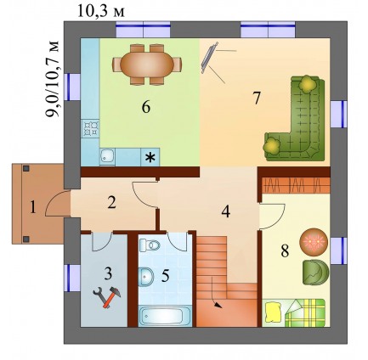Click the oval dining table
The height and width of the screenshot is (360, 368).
click(147, 65)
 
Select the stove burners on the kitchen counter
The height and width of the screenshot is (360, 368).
click(90, 128)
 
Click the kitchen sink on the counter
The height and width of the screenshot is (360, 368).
click(107, 157)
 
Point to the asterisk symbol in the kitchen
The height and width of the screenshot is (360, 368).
click(150, 157)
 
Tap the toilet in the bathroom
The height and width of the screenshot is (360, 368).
click(150, 245)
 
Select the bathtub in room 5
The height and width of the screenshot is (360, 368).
click(166, 316)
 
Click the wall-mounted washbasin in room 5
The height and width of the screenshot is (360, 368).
click(145, 276)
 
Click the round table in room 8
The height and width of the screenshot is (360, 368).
click(314, 242)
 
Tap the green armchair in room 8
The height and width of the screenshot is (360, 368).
click(315, 272)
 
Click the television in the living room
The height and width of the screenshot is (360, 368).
click(209, 58)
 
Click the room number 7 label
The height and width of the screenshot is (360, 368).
click(257, 98)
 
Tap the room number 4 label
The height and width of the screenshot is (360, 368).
click(225, 211)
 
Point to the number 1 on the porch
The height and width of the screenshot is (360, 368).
click(33, 208)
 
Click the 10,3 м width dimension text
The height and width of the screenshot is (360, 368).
click(100, 11)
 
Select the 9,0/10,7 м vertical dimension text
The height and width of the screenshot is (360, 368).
click(53, 79)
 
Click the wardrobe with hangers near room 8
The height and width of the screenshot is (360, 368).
click(296, 185)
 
